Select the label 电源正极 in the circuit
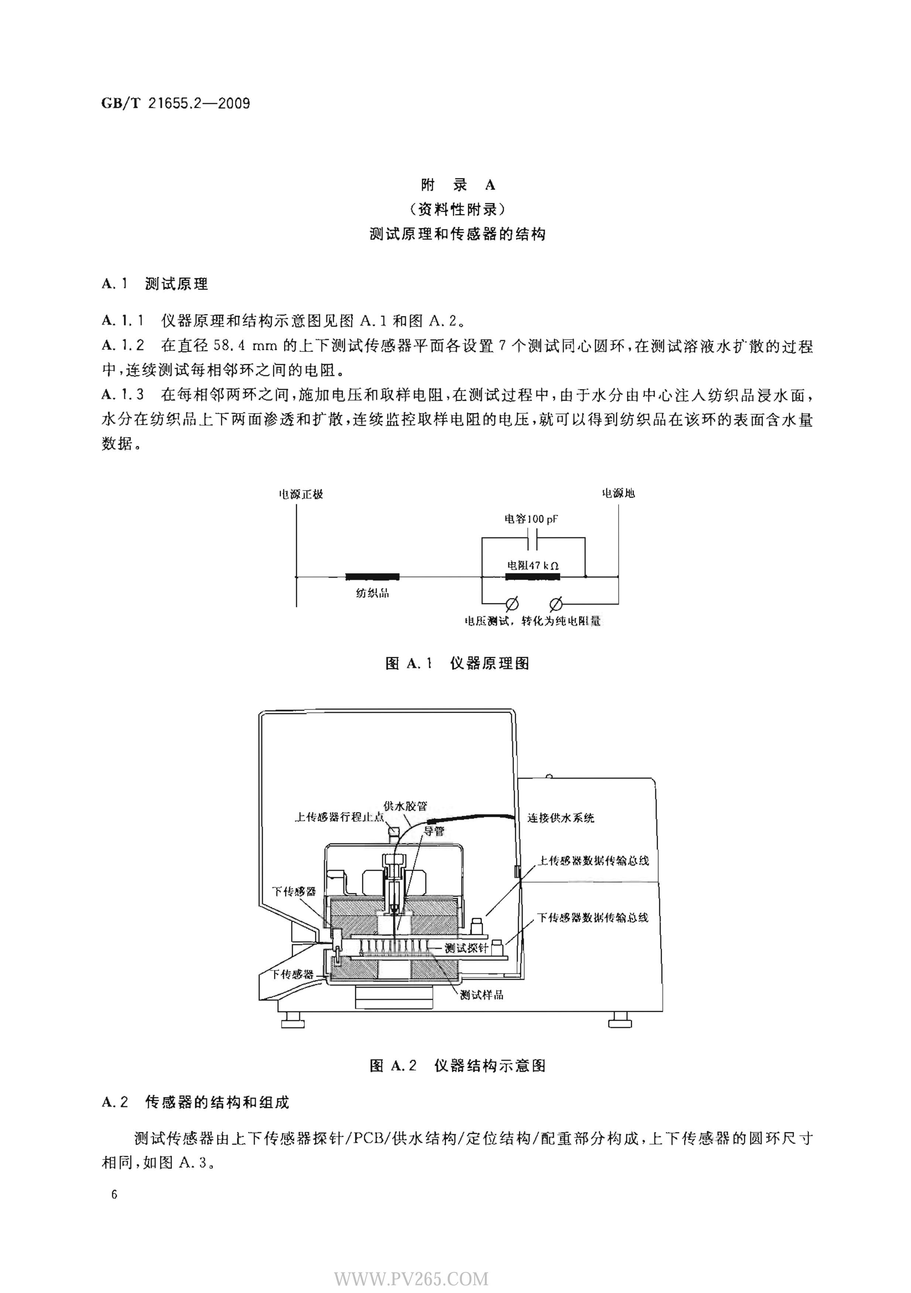(301, 494)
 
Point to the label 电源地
(618, 493)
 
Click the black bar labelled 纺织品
(372, 576)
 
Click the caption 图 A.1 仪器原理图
(457, 663)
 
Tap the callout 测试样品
(482, 995)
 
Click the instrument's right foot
(620, 1019)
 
